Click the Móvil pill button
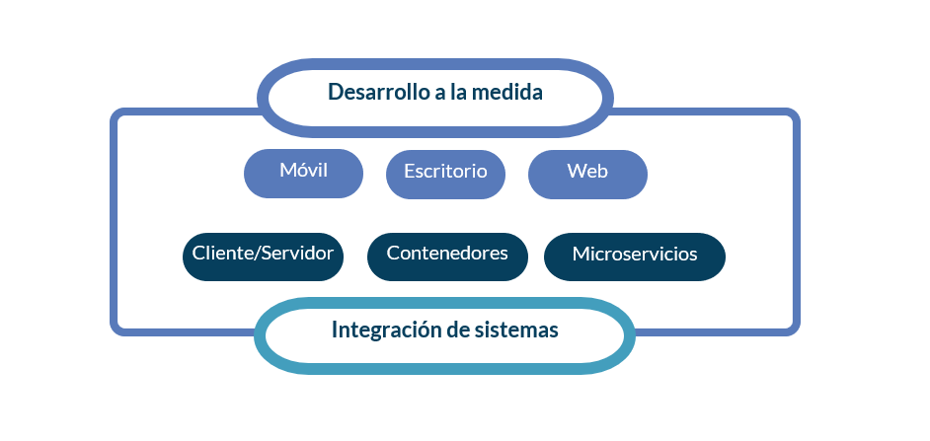[x=303, y=173]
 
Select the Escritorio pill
[x=445, y=175]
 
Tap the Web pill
[x=587, y=175]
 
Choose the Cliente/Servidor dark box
[x=263, y=257]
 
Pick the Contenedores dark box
[x=447, y=257]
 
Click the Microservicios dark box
[x=635, y=257]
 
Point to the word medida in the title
[x=511, y=92]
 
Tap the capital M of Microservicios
[x=581, y=255]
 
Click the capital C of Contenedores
[x=394, y=253]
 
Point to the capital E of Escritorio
[x=410, y=172]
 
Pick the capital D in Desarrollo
[x=335, y=92]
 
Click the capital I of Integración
[x=335, y=330]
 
